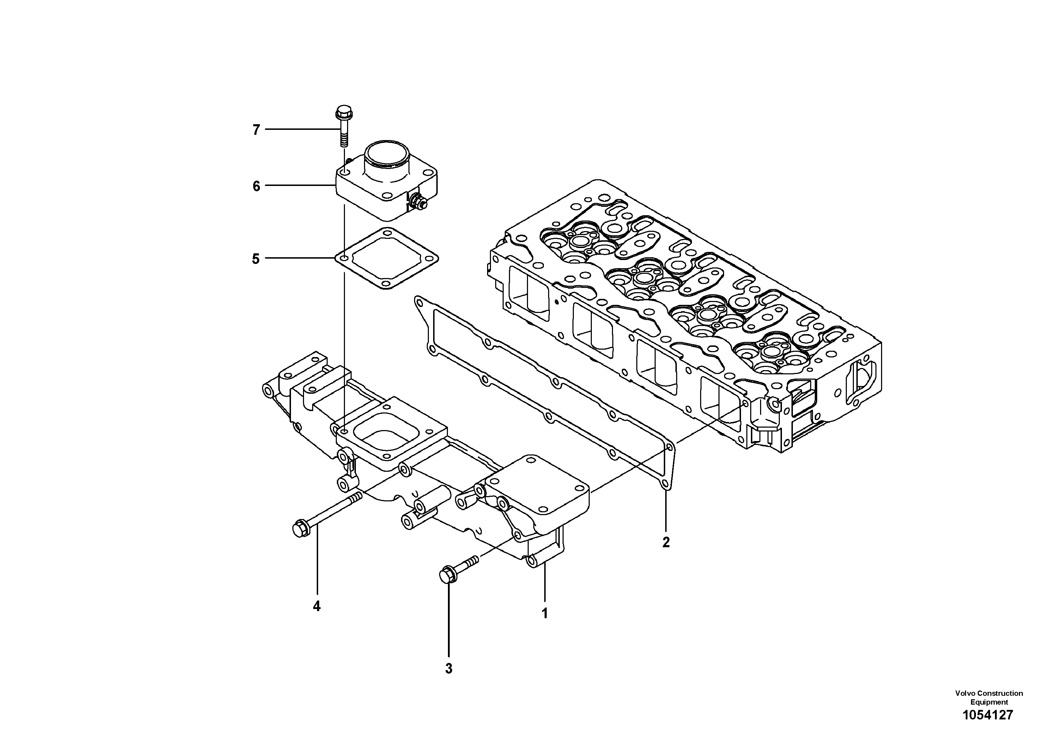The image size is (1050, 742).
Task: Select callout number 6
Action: pyautogui.click(x=256, y=186)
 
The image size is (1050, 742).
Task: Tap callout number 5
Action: pyautogui.click(x=256, y=259)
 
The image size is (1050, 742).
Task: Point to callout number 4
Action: pyautogui.click(x=316, y=607)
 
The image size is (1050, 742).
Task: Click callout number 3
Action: pyautogui.click(x=449, y=669)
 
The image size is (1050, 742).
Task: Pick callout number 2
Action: pyautogui.click(x=666, y=543)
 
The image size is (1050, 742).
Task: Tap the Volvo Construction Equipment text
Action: pyautogui.click(x=989, y=698)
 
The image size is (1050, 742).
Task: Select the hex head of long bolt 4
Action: pyautogui.click(x=300, y=529)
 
